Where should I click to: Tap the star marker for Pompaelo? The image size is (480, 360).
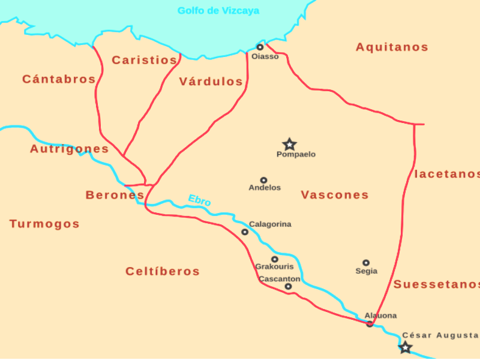pos(290,144)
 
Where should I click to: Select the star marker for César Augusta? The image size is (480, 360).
pos(406,347)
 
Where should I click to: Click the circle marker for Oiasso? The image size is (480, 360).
pos(260,47)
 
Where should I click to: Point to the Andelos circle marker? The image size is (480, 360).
pos(263,180)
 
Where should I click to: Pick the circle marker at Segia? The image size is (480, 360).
pos(366,263)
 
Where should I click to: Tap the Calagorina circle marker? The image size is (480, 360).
pos(245,232)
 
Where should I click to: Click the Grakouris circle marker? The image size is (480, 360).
pos(275,259)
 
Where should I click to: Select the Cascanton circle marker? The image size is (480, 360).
pos(289,287)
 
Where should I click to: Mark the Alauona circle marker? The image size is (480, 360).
pos(370,324)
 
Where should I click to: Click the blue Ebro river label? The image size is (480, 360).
pos(199,200)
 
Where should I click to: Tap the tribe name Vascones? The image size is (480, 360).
pos(335,195)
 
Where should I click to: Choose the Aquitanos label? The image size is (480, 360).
pos(392,47)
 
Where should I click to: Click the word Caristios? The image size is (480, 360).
pos(145,60)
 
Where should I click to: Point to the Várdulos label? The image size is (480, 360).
pos(211,82)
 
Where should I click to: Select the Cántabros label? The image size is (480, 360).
pos(59,79)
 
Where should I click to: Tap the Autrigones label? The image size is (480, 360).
pos(70,149)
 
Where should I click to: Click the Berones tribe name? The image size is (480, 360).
pos(115,195)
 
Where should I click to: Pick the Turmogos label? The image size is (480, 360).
pos(44,224)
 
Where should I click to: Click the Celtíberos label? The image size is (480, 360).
pos(163,271)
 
